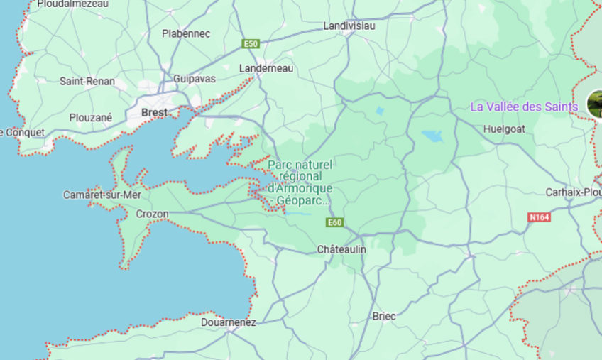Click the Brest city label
pyautogui.click(x=154, y=112)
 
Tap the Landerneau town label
pyautogui.click(x=266, y=68)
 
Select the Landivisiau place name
pyautogui.click(x=349, y=26)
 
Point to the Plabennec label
pyautogui.click(x=186, y=33)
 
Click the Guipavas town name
pyautogui.click(x=195, y=79)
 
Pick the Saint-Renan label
pyautogui.click(x=87, y=81)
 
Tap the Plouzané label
pyautogui.click(x=90, y=117)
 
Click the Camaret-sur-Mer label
pyautogui.click(x=102, y=195)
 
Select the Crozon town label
pyautogui.click(x=152, y=214)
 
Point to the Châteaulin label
pyautogui.click(x=341, y=249)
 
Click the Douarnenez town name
pyautogui.click(x=228, y=322)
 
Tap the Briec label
pyautogui.click(x=384, y=316)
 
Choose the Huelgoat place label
pyautogui.click(x=503, y=129)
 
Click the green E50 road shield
pyautogui.click(x=250, y=44)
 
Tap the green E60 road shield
pyautogui.click(x=335, y=222)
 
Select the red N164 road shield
pyautogui.click(x=540, y=217)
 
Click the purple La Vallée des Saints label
pyautogui.click(x=525, y=107)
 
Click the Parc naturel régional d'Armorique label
pyautogui.click(x=300, y=182)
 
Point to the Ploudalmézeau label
pyautogui.click(x=72, y=4)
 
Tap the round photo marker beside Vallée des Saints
pyautogui.click(x=595, y=104)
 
